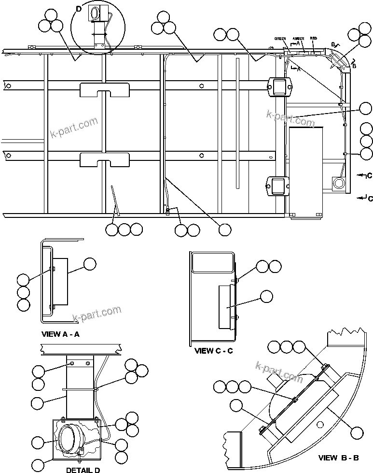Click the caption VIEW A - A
pos(61,334)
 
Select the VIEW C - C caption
pos(213,350)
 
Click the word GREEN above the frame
pos(280,38)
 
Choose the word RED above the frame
pos(313,38)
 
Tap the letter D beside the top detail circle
pos(79,9)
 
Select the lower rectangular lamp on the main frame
pos(278,185)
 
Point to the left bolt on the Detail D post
pos(72,363)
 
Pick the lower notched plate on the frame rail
pos(105,159)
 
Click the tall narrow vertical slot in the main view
pos(237,123)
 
